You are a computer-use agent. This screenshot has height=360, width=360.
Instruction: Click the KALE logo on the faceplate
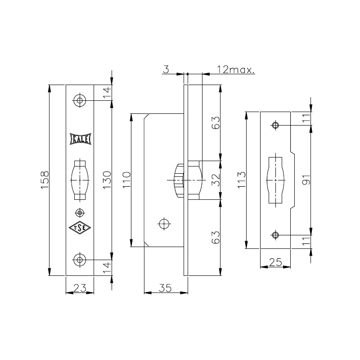click(x=81, y=139)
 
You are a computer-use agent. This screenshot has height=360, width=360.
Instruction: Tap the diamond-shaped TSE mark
click(x=80, y=228)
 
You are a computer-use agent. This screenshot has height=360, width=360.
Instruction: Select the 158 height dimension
click(x=45, y=180)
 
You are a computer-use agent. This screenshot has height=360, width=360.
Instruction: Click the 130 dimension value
click(x=107, y=180)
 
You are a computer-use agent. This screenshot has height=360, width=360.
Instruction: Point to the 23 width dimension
click(x=80, y=288)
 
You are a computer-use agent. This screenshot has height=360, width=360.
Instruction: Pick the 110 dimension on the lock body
click(x=126, y=180)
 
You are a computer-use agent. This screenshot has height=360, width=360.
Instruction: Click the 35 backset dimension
click(x=165, y=288)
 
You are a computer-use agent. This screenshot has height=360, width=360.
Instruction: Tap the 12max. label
click(x=236, y=69)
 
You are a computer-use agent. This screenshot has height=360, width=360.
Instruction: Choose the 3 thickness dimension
click(x=166, y=69)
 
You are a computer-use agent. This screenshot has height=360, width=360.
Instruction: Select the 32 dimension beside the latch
click(x=216, y=180)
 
